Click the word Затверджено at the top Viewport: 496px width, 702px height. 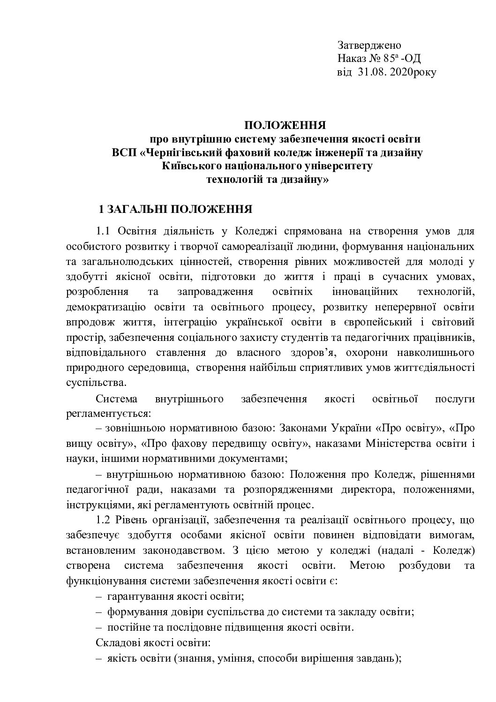coord(369,45)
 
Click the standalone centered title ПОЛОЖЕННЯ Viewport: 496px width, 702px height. coord(285,125)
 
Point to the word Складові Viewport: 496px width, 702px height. coord(116,642)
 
